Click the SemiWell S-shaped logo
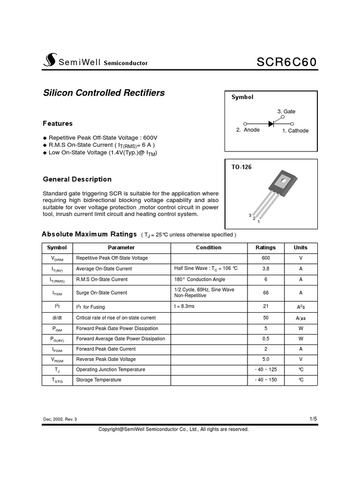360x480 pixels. (49, 60)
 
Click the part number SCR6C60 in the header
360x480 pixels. (287, 62)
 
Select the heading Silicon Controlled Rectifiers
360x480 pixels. (104, 93)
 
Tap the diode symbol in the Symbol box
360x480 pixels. (271, 124)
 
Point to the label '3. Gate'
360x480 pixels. (286, 112)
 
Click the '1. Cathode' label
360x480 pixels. (295, 131)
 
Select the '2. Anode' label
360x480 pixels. (247, 130)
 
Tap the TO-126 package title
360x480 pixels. (241, 167)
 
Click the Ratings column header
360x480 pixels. (265, 247)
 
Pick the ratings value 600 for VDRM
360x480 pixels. (266, 258)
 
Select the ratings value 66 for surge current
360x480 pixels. (266, 292)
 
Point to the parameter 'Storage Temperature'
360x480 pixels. (98, 380)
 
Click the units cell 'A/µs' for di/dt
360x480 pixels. (300, 318)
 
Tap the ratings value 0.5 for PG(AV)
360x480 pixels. (266, 338)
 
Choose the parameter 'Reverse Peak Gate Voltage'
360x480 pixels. (106, 359)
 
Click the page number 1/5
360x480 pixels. (313, 419)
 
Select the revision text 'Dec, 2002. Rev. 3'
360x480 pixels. (60, 419)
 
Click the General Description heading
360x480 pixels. (77, 179)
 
